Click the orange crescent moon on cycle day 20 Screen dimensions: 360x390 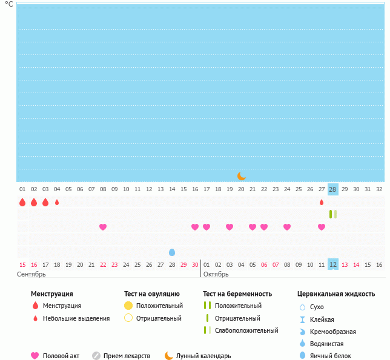tap(242, 175)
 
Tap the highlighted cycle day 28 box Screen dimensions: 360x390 tap(332, 189)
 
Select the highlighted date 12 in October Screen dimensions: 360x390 tap(332, 264)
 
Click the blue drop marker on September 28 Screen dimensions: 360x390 tap(172, 252)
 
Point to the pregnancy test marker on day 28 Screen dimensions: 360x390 tap(332, 214)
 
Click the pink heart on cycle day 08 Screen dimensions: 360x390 tap(103, 227)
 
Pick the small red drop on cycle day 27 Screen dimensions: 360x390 tap(322, 202)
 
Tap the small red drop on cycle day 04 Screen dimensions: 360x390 tap(57, 202)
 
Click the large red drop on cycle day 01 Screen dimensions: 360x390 tap(22, 202)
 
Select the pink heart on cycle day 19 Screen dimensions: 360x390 tap(230, 227)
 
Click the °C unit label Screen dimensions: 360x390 tap(8, 4)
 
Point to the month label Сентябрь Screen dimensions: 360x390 tap(31, 274)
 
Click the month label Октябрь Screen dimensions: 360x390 tap(216, 274)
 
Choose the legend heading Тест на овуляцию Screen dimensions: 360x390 tap(151, 294)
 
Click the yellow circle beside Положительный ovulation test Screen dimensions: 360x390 tap(128, 306)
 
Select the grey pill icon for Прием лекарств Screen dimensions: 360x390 tap(96, 356)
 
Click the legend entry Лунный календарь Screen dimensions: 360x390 tap(203, 356)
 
